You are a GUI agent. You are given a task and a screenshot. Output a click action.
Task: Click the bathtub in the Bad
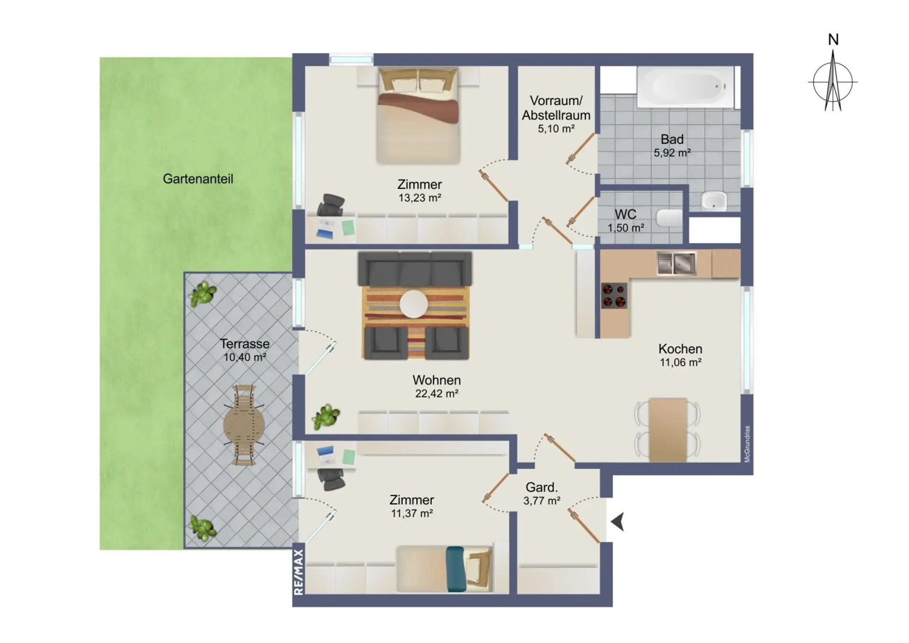686,87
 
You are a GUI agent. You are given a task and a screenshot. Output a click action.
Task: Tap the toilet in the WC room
669,218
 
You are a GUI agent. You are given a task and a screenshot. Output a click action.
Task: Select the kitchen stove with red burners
614,296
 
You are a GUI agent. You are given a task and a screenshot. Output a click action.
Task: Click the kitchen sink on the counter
677,263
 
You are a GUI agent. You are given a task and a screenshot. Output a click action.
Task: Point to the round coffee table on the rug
414,304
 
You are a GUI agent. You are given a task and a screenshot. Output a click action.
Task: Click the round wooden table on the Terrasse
244,425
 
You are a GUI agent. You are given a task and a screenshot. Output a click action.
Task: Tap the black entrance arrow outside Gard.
617,522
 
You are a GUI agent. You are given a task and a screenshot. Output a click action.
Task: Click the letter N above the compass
833,40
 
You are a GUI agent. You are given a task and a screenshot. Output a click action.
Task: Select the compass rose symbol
833,81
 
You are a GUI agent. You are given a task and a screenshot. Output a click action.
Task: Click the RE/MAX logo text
298,572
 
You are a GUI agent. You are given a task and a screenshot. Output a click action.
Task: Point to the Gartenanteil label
198,179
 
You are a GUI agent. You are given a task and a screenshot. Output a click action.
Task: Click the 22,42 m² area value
437,393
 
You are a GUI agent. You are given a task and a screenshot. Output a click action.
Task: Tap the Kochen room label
680,349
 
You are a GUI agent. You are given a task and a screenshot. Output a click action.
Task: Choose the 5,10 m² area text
556,129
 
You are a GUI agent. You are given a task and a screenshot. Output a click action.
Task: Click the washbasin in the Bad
714,200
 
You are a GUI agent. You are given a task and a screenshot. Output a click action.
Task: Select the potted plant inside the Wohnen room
326,417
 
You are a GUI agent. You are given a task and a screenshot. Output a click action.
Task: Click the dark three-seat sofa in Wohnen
415,268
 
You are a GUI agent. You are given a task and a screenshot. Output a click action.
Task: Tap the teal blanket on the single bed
455,569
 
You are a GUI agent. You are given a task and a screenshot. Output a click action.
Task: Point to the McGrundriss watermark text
747,444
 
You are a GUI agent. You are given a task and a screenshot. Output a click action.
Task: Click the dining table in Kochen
668,430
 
